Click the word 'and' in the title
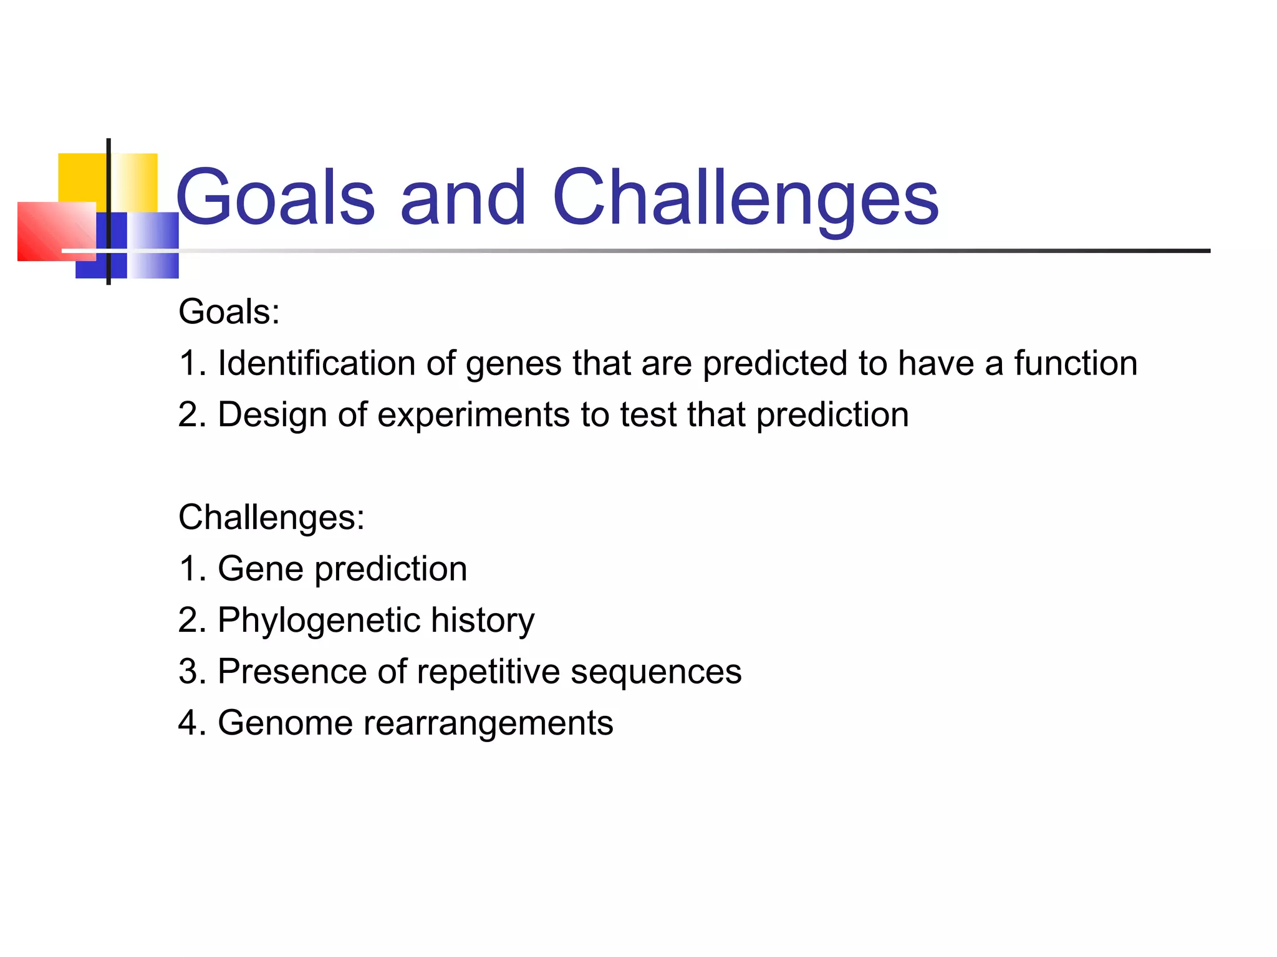point(463,198)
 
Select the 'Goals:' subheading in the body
point(229,312)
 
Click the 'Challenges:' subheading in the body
point(271,517)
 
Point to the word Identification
point(316,363)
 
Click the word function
point(1076,363)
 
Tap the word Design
point(272,415)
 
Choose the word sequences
point(656,672)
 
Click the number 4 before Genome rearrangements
point(188,723)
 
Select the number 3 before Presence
point(188,672)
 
